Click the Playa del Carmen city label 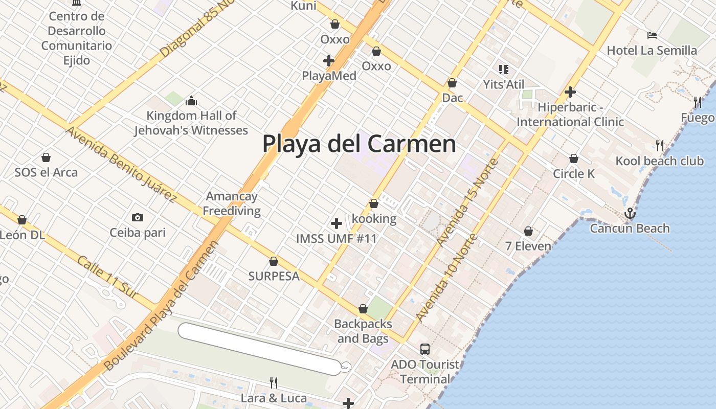coord(359,144)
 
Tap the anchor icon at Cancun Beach coord(630,213)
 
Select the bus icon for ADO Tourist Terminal coord(425,349)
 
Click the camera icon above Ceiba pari coord(137,218)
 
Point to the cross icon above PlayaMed coord(329,61)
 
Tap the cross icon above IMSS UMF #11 coord(337,223)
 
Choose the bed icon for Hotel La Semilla coord(652,35)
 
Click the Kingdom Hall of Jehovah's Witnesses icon coord(191,100)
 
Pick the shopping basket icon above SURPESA coord(274,261)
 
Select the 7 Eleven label coord(528,246)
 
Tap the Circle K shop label coord(574,174)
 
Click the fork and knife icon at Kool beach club coord(660,146)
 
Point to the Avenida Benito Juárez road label coord(121,164)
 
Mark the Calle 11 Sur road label coord(107,277)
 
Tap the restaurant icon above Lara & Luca coord(274,382)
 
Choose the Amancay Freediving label coord(232,203)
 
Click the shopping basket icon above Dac coord(452,83)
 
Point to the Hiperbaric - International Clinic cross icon coord(570,92)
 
